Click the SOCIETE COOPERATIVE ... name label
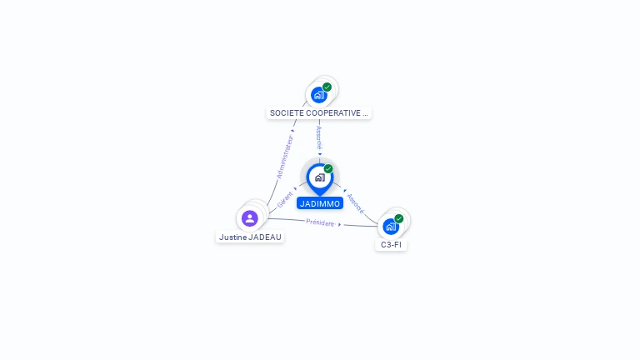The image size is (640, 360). (x=319, y=113)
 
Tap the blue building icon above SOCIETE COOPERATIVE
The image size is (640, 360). (x=319, y=95)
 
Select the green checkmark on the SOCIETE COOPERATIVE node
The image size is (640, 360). (x=327, y=87)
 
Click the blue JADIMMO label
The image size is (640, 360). (x=320, y=203)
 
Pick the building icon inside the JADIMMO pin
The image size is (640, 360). (x=320, y=177)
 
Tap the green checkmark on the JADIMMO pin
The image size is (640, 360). (x=328, y=168)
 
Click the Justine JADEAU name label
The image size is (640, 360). (x=250, y=237)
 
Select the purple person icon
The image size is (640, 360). (x=250, y=218)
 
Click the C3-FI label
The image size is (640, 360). (x=391, y=244)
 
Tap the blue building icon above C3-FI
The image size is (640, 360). (x=391, y=227)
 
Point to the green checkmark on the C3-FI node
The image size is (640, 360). (x=399, y=219)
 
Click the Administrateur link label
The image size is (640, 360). (x=285, y=157)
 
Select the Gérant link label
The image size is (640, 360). (x=285, y=200)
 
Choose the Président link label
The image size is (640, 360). (x=320, y=222)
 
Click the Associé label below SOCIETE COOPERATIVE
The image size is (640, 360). (x=319, y=138)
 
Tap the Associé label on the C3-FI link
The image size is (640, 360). (x=356, y=203)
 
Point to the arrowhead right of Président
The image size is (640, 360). (x=340, y=224)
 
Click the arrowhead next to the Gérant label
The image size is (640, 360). (x=295, y=188)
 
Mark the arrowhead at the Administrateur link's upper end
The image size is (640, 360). (x=292, y=131)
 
